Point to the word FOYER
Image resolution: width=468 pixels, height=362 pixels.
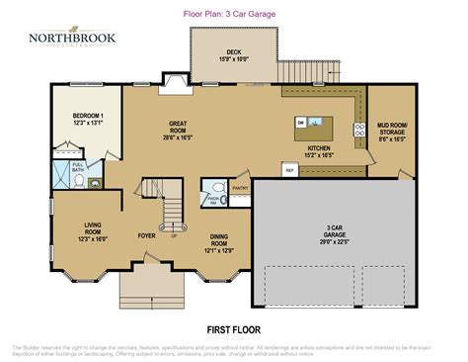147,236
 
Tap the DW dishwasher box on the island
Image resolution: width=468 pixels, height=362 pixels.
300,122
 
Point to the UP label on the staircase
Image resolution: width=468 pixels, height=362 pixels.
175,235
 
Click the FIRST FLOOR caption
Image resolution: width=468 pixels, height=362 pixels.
233,327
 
